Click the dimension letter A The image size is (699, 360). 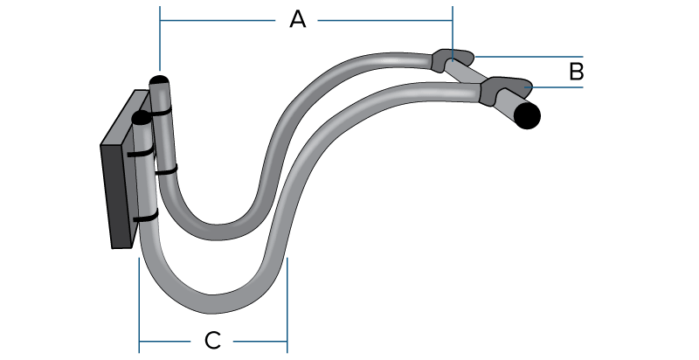click(298, 19)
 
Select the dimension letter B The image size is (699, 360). click(576, 72)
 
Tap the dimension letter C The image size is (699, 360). click(212, 340)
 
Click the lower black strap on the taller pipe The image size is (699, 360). click(166, 170)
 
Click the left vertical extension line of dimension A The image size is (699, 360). click(160, 39)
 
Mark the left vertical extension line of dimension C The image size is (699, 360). click(140, 297)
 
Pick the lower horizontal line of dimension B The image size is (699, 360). click(559, 87)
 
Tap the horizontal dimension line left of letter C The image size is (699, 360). click(170, 340)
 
